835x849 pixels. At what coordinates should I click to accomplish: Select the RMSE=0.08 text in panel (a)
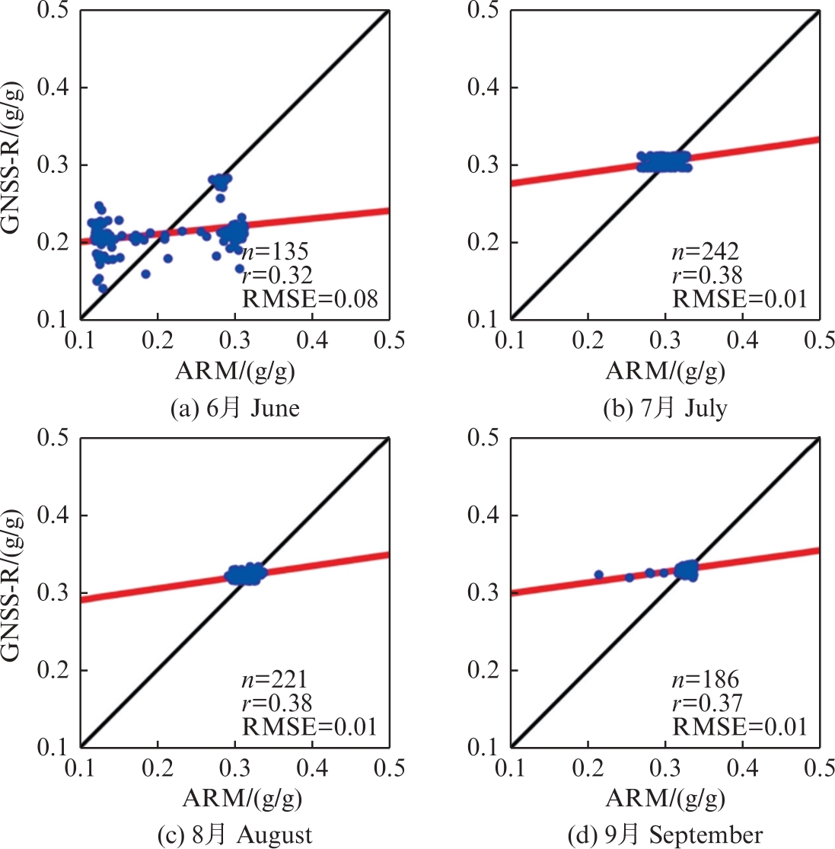pyautogui.click(x=309, y=298)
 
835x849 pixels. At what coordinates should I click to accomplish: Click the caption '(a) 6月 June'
pyautogui.click(x=235, y=408)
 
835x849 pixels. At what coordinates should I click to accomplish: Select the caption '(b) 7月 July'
pyautogui.click(x=664, y=408)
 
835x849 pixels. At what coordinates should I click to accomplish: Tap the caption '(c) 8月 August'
pyautogui.click(x=235, y=835)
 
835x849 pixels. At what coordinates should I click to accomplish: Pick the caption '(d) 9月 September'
pyautogui.click(x=664, y=835)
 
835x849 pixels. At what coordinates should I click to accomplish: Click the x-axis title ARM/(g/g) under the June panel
pyautogui.click(x=235, y=371)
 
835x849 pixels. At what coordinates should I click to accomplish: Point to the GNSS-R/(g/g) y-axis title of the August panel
pyautogui.click(x=14, y=592)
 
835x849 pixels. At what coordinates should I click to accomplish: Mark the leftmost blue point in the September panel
pyautogui.click(x=598, y=575)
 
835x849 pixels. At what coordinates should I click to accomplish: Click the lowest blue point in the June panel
pyautogui.click(x=103, y=288)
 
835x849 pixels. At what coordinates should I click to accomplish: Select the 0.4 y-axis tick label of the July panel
pyautogui.click(x=483, y=87)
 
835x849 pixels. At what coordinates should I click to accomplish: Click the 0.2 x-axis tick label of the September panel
pyautogui.click(x=588, y=768)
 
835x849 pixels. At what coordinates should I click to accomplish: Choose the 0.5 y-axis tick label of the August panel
pyautogui.click(x=52, y=438)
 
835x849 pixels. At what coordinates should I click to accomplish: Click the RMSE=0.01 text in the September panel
pyautogui.click(x=739, y=726)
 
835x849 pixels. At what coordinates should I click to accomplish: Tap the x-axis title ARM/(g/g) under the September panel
pyautogui.click(x=664, y=799)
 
